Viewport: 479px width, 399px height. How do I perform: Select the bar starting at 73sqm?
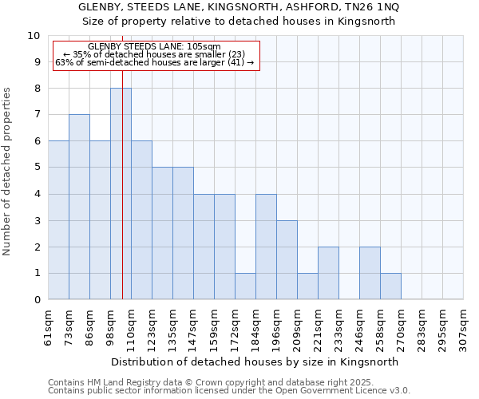click(x=79, y=207)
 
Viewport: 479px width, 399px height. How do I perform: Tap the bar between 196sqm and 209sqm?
click(x=287, y=260)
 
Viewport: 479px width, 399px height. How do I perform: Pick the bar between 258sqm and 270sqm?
click(x=390, y=286)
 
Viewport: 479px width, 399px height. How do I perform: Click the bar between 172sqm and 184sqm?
click(x=245, y=286)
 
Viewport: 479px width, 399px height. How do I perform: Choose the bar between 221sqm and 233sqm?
click(x=328, y=273)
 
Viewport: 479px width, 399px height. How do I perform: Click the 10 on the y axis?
click(x=34, y=36)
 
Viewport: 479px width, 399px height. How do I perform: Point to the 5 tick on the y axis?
click(x=36, y=168)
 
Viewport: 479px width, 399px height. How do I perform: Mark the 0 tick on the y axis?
click(x=36, y=300)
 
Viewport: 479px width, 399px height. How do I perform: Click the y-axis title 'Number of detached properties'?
click(x=8, y=172)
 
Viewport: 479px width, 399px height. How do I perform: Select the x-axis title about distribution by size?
click(x=255, y=361)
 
